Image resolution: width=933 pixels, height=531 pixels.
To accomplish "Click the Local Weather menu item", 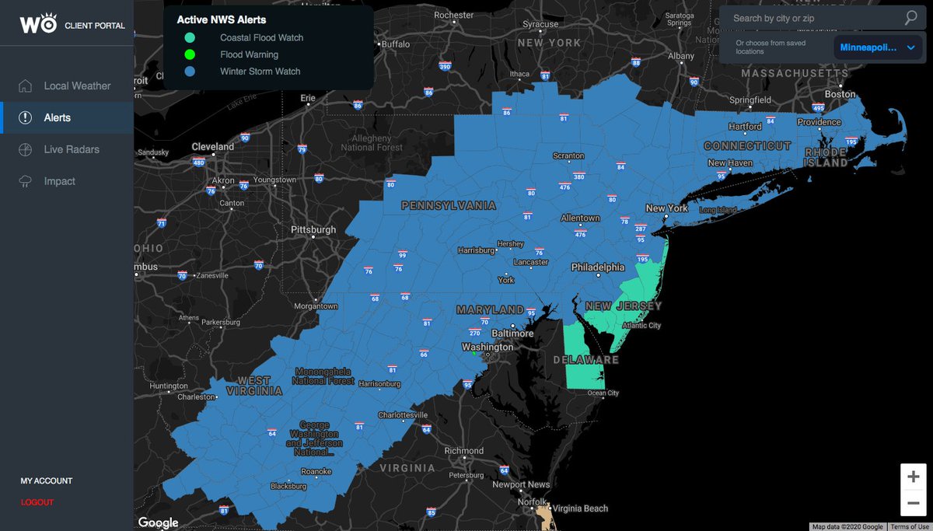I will point(76,86).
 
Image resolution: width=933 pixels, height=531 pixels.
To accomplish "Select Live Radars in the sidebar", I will point(71,149).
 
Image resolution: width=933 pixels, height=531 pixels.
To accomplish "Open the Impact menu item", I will point(59,181).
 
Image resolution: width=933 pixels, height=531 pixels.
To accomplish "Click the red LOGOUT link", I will point(37,502).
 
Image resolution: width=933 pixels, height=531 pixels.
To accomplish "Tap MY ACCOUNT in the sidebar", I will point(46,480).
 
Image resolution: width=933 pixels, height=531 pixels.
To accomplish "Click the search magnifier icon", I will point(911,17).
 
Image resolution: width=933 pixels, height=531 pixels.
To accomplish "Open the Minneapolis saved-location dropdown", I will point(878,47).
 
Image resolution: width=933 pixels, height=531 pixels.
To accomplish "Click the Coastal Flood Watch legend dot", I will point(190,37).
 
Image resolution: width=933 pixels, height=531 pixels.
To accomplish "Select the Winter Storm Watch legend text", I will point(260,72).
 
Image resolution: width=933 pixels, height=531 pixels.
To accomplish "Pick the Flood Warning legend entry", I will point(249,54).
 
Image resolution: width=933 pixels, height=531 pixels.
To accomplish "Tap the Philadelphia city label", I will point(598,267).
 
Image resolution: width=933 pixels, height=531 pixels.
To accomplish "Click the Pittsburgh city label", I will point(313,230).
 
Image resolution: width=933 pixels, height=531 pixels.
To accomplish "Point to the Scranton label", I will point(568,155).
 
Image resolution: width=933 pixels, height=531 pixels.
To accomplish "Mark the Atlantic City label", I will point(641,326).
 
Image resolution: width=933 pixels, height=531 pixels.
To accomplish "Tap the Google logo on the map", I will point(158,522).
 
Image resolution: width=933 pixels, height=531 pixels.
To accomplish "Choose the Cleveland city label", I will point(212,146).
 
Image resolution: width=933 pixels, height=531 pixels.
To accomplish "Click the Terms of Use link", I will point(909,526).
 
